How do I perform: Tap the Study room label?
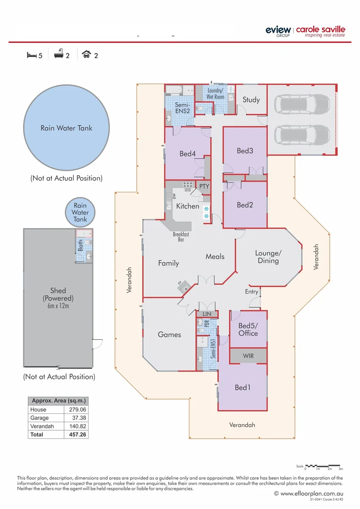(x=251, y=99)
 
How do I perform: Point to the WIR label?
(x=248, y=356)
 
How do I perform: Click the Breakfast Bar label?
(x=181, y=237)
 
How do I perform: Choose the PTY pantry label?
(x=204, y=186)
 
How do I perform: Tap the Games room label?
(x=169, y=335)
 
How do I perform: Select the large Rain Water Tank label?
(x=66, y=128)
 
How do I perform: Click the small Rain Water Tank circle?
(x=80, y=212)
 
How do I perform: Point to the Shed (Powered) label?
(x=58, y=295)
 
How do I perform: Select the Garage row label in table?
(x=40, y=418)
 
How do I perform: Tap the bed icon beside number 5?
(x=31, y=55)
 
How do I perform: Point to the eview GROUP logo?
(x=278, y=31)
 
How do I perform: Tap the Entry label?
(x=252, y=292)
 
